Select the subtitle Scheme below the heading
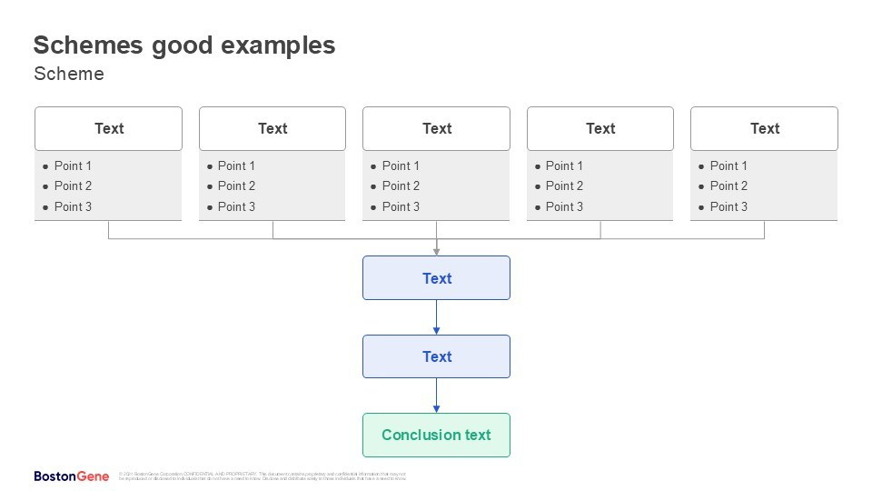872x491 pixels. click(69, 75)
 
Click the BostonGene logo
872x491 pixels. click(71, 476)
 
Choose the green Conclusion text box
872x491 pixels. click(436, 435)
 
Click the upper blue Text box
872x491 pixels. click(436, 278)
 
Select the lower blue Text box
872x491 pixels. click(436, 356)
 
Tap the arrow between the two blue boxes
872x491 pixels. click(436, 317)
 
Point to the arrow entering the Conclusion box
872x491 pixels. click(436, 396)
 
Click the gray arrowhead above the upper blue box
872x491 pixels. click(436, 251)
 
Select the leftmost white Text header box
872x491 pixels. click(108, 128)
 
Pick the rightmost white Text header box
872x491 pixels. click(764, 128)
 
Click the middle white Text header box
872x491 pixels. click(436, 128)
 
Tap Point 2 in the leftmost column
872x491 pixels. click(73, 185)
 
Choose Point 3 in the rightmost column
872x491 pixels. click(728, 206)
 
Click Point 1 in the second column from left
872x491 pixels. click(236, 165)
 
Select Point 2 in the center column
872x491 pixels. click(401, 185)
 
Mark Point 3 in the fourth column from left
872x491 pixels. click(564, 206)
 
